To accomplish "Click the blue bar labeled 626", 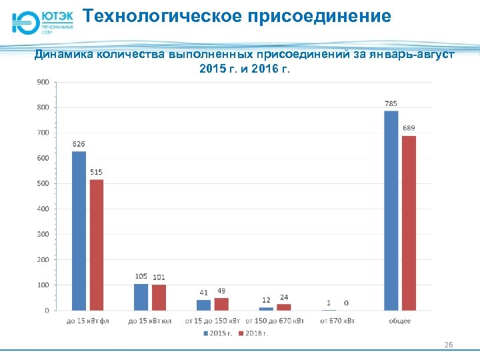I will pyautogui.click(x=79, y=231).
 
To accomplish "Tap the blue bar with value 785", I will pyautogui.click(x=391, y=210).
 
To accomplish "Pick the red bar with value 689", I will pyautogui.click(x=409, y=223).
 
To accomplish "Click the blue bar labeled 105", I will pyautogui.click(x=141, y=297).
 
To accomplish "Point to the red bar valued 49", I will pyautogui.click(x=221, y=304).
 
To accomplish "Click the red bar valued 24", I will pyautogui.click(x=284, y=307).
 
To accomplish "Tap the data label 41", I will pyautogui.click(x=204, y=293).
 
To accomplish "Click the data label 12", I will pyautogui.click(x=266, y=300).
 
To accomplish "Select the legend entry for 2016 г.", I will pyautogui.click(x=256, y=333).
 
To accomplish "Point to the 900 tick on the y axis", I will pyautogui.click(x=42, y=82).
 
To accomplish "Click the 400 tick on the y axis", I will pyautogui.click(x=42, y=209).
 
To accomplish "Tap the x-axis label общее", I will pyautogui.click(x=400, y=321).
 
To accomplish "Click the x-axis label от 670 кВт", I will pyautogui.click(x=337, y=321).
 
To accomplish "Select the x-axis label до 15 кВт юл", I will pyautogui.click(x=149, y=321).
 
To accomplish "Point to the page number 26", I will pyautogui.click(x=449, y=344).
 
